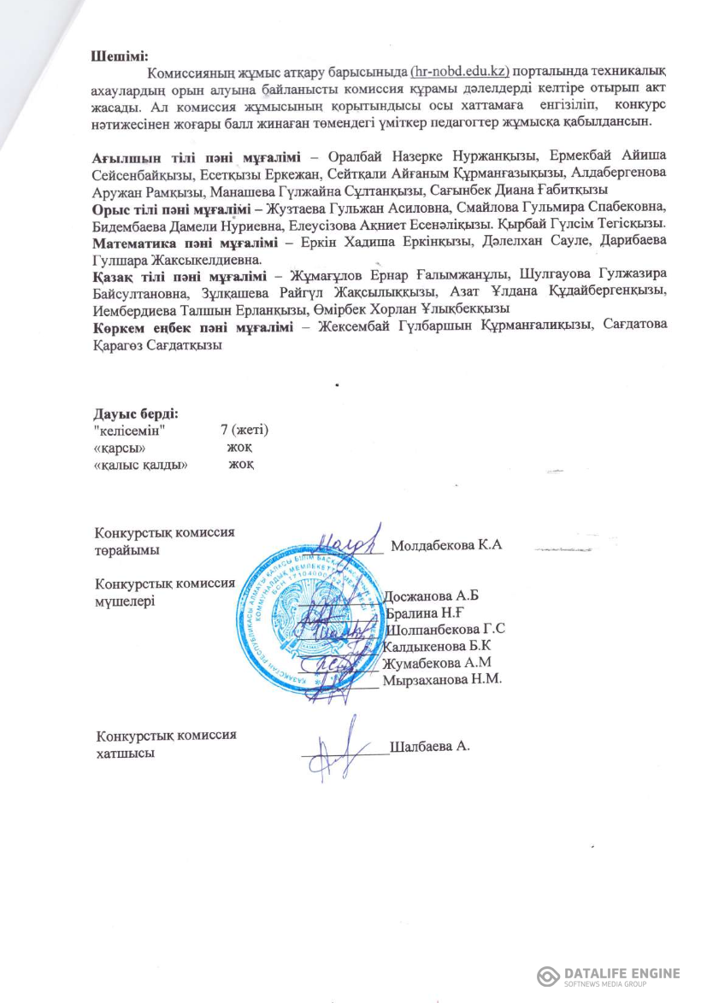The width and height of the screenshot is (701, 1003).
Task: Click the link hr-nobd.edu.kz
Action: tap(459, 72)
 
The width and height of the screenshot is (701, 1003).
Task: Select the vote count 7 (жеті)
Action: tap(244, 430)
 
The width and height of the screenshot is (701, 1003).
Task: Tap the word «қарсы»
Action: tap(118, 447)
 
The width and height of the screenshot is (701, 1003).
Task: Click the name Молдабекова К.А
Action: tap(445, 545)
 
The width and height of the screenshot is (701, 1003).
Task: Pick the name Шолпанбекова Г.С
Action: tap(445, 630)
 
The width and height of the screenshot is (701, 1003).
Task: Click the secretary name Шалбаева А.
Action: tap(430, 745)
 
